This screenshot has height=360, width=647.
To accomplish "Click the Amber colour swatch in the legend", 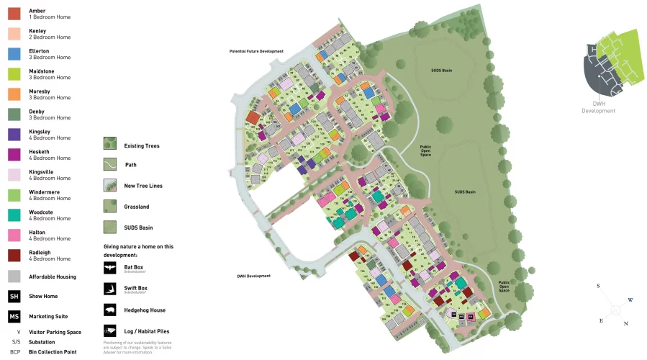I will click(14, 14).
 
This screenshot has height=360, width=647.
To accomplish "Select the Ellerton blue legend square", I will click(14, 54).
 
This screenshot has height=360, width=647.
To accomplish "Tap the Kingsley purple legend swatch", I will click(14, 135).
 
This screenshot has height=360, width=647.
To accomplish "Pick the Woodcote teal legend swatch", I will click(14, 215).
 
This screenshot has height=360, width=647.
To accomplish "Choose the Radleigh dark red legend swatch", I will click(14, 256).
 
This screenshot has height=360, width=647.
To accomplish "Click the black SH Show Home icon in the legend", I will click(14, 296).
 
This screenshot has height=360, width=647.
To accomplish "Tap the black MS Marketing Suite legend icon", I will click(14, 316).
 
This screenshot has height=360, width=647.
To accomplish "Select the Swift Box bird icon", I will click(110, 289).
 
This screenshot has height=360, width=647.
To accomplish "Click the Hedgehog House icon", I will click(110, 310).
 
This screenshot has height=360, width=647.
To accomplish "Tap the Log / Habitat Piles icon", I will click(110, 330).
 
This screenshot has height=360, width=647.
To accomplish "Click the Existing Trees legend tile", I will click(110, 144).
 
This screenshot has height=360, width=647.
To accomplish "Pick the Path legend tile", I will click(110, 164).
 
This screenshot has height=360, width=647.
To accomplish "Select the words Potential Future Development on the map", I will click(256, 52).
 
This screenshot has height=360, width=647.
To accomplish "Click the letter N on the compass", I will click(626, 324).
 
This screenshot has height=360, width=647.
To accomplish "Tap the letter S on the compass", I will click(598, 286).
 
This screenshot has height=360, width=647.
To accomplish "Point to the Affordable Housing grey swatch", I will click(14, 276).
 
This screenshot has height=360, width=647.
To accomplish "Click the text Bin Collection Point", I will click(53, 351).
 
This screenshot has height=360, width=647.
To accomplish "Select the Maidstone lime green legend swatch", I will click(14, 74).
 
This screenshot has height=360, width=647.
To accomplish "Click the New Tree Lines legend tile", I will click(110, 185).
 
